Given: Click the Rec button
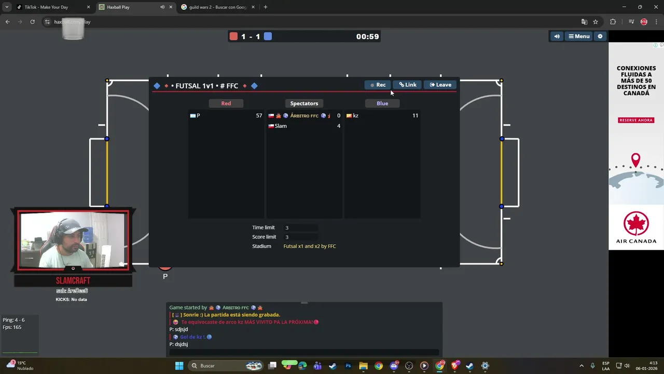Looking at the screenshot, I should (x=378, y=85).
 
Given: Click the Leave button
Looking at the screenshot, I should (x=440, y=85).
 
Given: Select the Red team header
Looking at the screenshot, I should (x=226, y=103).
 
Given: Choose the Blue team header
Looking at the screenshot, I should (x=382, y=103).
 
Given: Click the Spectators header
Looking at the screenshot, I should (x=304, y=103).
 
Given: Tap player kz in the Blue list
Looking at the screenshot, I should (x=355, y=116).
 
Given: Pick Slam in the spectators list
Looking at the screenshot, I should (x=281, y=126).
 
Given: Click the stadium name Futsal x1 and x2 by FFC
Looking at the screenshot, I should (x=310, y=246).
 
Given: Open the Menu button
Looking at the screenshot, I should (x=579, y=36).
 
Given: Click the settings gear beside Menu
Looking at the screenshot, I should (x=600, y=36).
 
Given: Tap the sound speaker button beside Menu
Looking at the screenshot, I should (x=557, y=36).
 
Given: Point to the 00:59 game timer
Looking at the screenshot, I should (x=367, y=36).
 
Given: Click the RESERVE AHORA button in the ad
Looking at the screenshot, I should (x=636, y=120).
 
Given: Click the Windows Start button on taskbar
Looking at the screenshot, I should (x=179, y=366).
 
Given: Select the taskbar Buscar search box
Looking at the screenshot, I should (x=218, y=366).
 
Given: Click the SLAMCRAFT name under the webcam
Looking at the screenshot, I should (x=73, y=280).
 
